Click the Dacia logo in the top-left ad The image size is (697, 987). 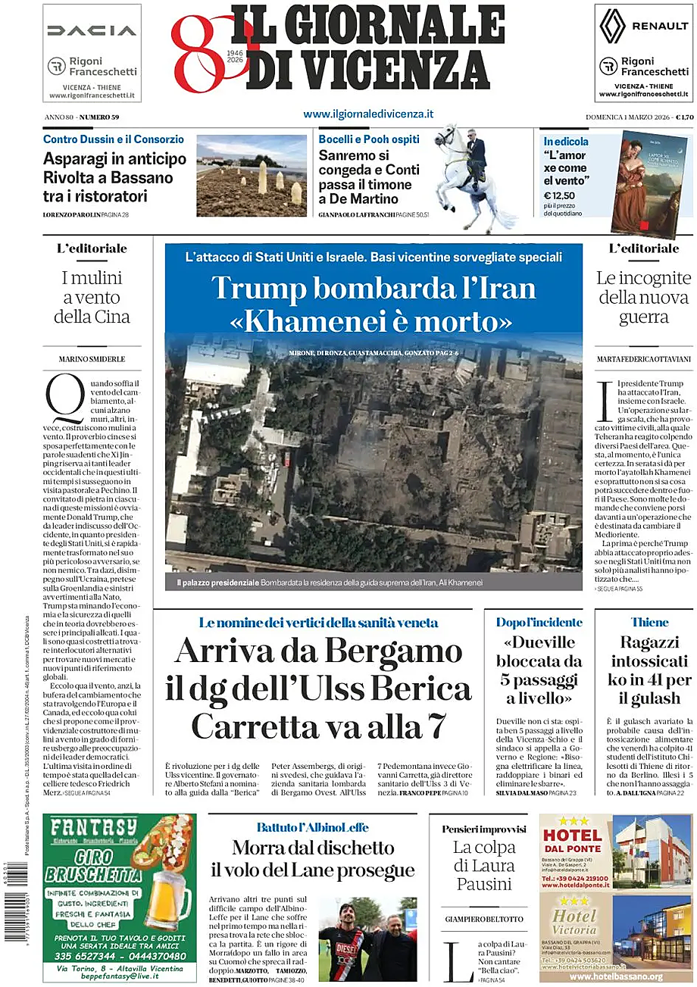point(92,30)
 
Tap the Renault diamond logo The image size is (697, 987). point(612,26)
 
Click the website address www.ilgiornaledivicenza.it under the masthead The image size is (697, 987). point(368,114)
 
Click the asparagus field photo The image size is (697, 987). point(252,176)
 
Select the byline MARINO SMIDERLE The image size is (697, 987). point(92,358)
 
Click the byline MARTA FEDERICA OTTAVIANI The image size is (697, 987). point(643,358)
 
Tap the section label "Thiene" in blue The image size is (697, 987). point(650,622)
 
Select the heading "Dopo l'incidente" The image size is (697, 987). point(539,622)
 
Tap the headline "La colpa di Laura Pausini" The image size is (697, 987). point(484,866)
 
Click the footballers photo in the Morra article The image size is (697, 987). point(367,939)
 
